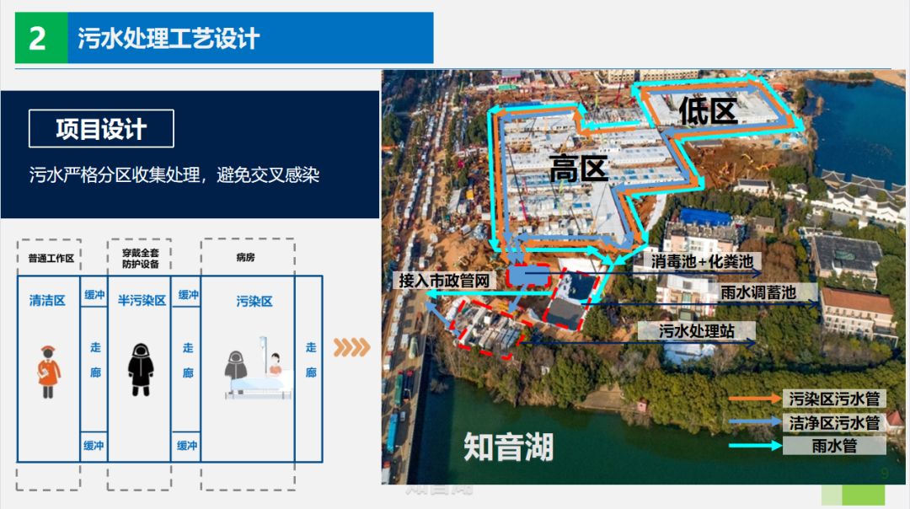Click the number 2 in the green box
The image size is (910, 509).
[x=38, y=39]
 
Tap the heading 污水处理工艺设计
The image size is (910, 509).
[x=169, y=39]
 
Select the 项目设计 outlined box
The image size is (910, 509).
[x=101, y=129]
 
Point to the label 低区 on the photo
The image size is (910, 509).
[x=709, y=110]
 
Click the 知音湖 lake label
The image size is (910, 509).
[x=508, y=447]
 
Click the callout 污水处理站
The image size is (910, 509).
[x=696, y=331]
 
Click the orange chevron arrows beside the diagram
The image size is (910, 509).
[x=351, y=347]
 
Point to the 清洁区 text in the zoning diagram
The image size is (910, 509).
[x=47, y=301]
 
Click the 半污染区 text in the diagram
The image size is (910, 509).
[x=141, y=301]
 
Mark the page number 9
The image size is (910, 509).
[x=884, y=474]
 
